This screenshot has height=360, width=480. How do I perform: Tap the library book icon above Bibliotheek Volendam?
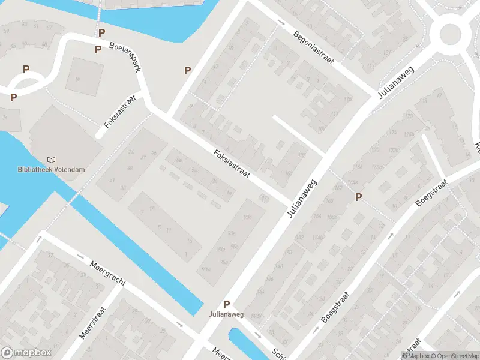pyautogui.click(x=51, y=160)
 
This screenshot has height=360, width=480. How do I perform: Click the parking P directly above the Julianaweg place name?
pyautogui.click(x=226, y=304)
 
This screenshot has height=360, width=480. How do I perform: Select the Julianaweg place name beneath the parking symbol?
pyautogui.click(x=226, y=314)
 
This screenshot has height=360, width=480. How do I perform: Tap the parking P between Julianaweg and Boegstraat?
pyautogui.click(x=359, y=197)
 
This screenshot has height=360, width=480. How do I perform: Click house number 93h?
pyautogui.click(x=248, y=218)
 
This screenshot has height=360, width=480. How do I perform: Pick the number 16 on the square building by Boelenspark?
pyautogui.click(x=76, y=77)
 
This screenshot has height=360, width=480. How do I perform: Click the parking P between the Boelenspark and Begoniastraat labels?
pyautogui.click(x=187, y=70)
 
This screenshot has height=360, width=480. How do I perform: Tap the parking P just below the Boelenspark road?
pyautogui.click(x=98, y=50)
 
